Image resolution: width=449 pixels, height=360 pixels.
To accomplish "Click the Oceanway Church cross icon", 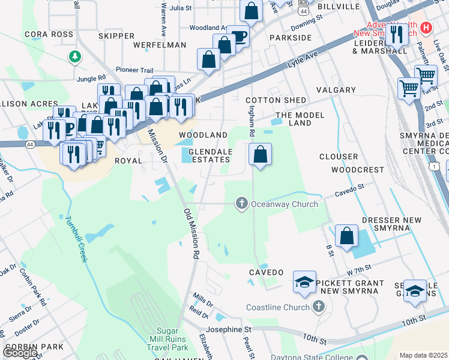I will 242,204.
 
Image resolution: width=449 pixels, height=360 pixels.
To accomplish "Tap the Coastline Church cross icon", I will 319,307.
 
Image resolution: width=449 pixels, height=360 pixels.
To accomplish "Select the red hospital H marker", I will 426,28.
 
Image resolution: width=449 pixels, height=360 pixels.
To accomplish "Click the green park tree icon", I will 74,56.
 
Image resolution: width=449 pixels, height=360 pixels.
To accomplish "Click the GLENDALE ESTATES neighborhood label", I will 209,156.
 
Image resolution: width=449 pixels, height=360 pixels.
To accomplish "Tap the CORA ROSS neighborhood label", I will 49,35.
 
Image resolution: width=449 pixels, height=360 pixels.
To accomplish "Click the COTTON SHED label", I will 276,100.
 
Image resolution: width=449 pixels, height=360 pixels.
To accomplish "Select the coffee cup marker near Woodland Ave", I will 238,36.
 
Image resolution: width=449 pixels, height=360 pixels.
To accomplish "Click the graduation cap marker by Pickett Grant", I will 304,282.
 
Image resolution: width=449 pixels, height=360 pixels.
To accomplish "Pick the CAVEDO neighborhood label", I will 266,272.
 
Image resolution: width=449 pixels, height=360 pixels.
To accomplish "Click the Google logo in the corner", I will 19,352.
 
